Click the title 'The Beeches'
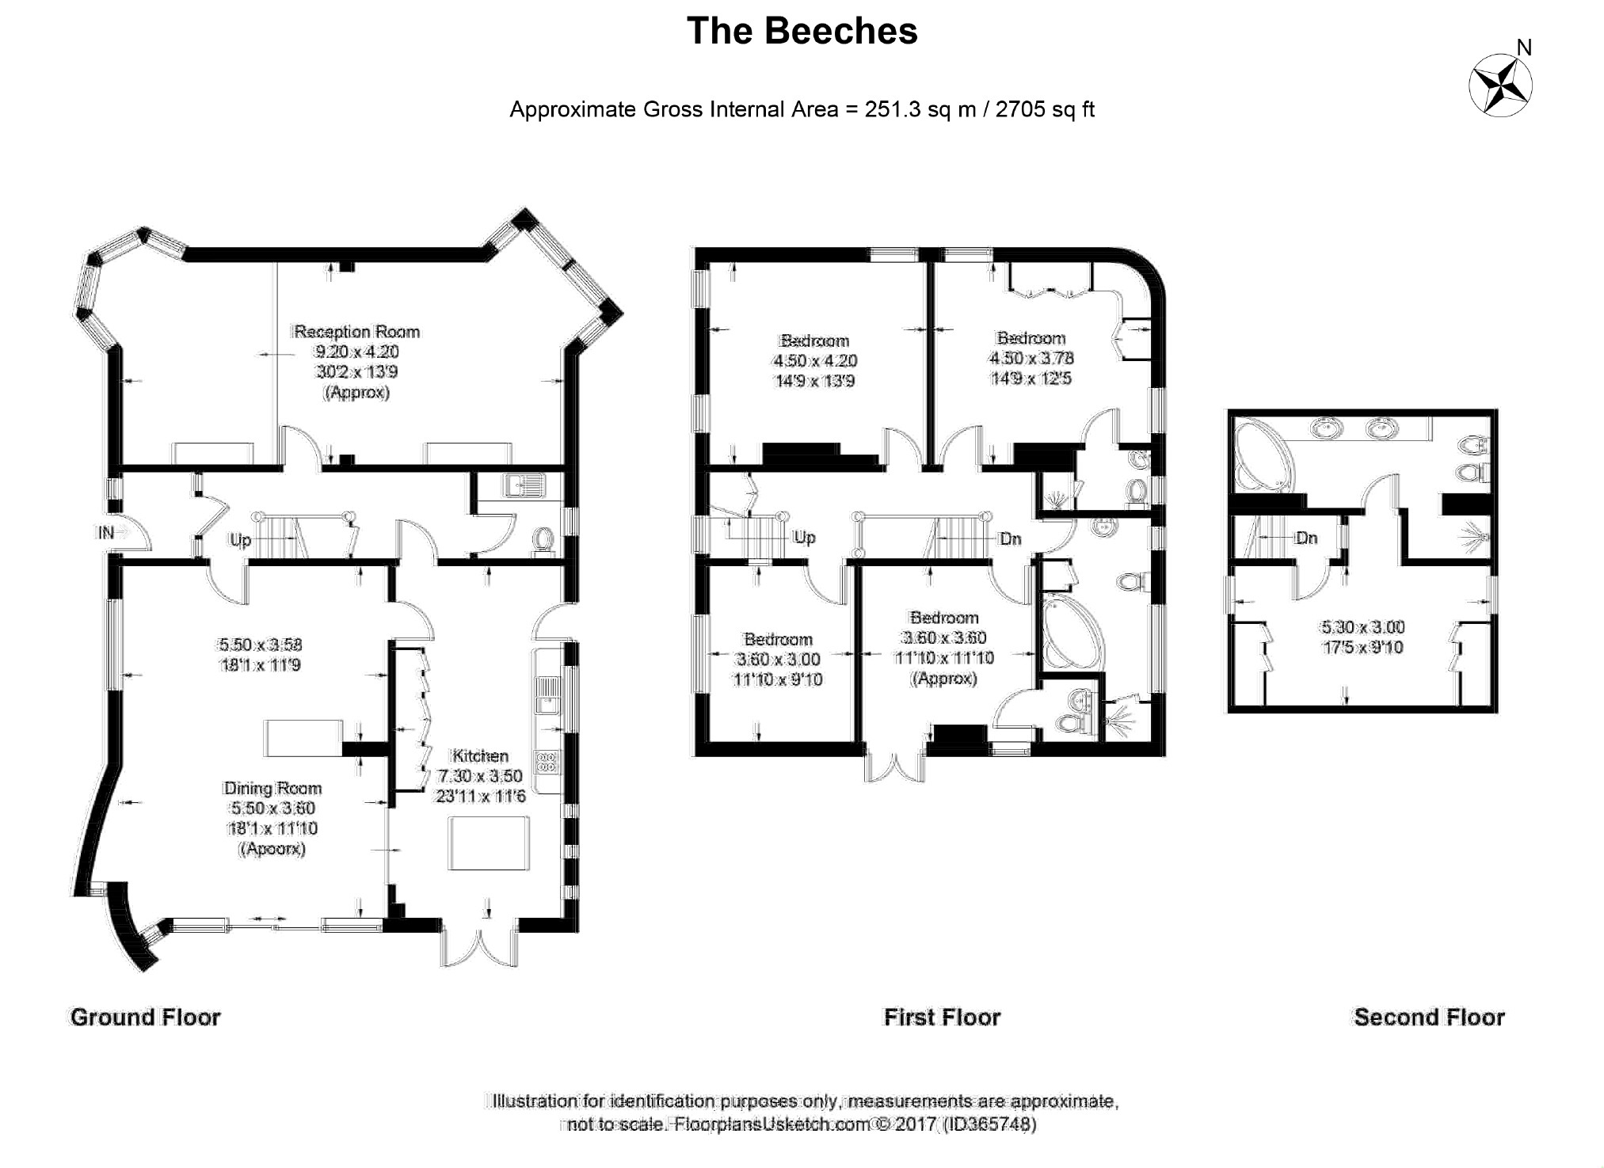pos(802,32)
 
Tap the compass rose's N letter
pos(1523,48)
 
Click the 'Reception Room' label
pos(356,332)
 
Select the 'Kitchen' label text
pos(479,755)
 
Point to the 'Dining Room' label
pos(272,788)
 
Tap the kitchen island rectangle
pos(489,844)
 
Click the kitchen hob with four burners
pos(547,761)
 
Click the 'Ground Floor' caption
pos(145,1017)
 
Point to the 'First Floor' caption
pos(942,1017)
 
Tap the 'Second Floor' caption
pos(1429,1017)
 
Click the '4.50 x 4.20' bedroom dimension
pos(815,360)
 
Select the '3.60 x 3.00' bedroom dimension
pos(779,659)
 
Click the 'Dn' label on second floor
pos(1306,538)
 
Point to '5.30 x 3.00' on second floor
pos(1362,627)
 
